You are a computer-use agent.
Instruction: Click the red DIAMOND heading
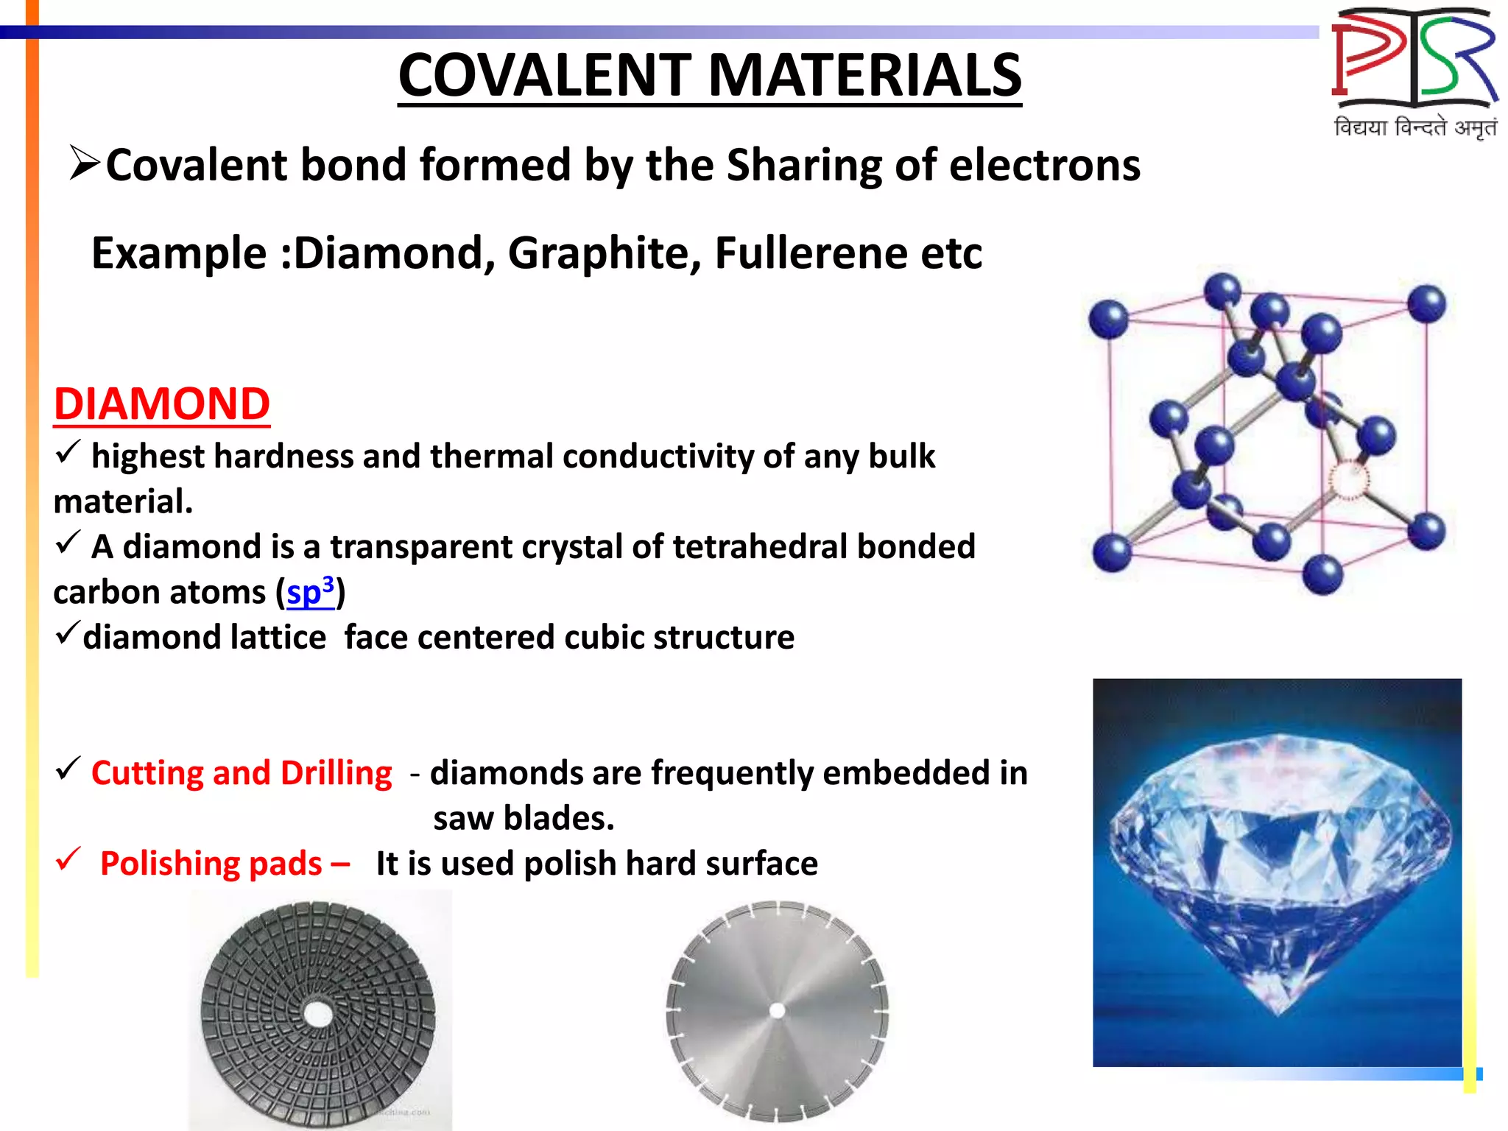click(162, 404)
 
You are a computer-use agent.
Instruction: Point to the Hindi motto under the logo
click(1414, 127)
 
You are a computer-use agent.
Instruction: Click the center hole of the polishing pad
click(318, 1014)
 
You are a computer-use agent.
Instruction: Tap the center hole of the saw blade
click(777, 1011)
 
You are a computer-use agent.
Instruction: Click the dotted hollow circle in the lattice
click(1349, 480)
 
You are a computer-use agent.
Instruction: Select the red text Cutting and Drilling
click(242, 773)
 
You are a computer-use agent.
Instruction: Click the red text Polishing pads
click(212, 864)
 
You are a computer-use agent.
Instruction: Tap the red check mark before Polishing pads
click(68, 859)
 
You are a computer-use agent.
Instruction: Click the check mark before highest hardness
click(67, 451)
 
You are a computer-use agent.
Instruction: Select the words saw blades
click(524, 818)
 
